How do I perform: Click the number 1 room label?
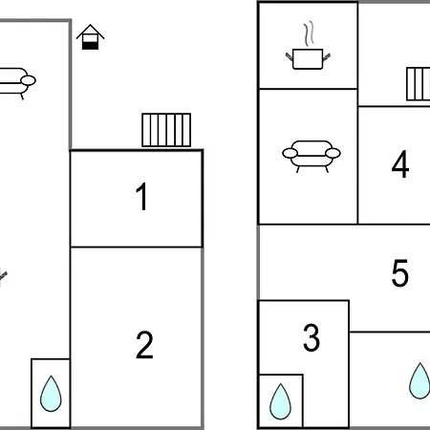tap(141, 197)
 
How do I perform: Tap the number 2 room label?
tap(144, 345)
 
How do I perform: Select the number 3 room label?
tap(312, 337)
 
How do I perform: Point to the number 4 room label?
tap(400, 164)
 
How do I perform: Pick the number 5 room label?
tap(399, 273)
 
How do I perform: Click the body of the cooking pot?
tap(308, 59)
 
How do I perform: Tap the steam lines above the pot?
tap(309, 32)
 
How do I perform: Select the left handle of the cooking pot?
tap(290, 56)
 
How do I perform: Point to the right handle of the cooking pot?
tap(327, 57)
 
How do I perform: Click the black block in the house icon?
tap(91, 46)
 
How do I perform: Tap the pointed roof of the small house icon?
tap(91, 32)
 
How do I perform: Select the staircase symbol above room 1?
tap(166, 130)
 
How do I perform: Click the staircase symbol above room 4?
tap(419, 84)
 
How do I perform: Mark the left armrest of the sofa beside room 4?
tap(290, 153)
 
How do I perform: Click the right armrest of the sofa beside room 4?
tap(333, 153)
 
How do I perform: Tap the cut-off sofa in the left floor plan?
tap(16, 83)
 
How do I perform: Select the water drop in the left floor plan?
tap(51, 394)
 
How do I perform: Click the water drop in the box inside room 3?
tap(280, 401)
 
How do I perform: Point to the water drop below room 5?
tap(419, 381)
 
